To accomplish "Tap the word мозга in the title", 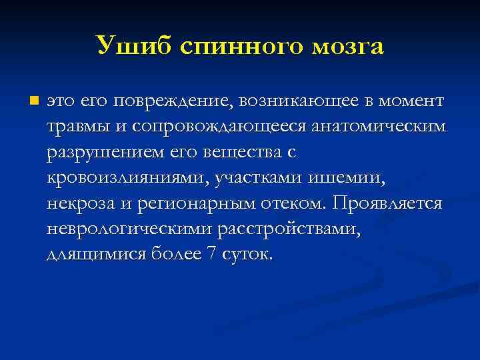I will point(347,45).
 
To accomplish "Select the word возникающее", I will point(295,101).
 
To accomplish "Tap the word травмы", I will point(75,127).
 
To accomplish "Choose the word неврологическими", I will point(131,229).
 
